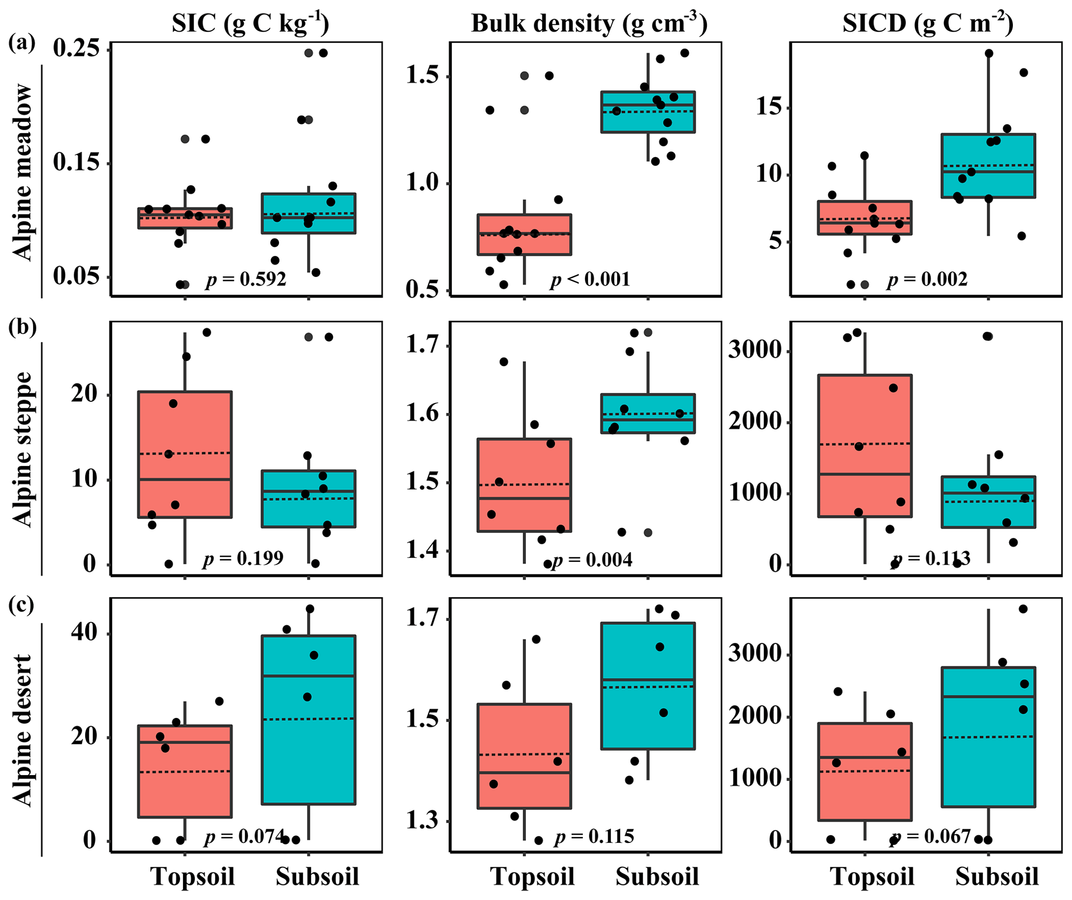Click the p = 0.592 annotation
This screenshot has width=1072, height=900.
click(x=246, y=280)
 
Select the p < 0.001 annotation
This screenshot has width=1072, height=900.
click(x=590, y=280)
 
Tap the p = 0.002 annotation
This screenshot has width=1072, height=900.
click(x=927, y=280)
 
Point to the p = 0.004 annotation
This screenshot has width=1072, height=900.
click(x=592, y=560)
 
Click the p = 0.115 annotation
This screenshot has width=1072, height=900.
click(x=594, y=837)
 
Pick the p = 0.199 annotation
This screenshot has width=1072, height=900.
click(x=243, y=558)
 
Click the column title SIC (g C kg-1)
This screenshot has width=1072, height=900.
click(x=250, y=24)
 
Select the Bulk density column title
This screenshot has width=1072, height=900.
click(x=589, y=24)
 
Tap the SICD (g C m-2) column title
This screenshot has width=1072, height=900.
click(x=928, y=24)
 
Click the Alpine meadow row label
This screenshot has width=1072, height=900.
click(x=22, y=173)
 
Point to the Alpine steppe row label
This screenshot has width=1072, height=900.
click(x=22, y=449)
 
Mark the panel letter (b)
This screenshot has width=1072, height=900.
click(x=22, y=328)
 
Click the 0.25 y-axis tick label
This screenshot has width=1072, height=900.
click(x=76, y=49)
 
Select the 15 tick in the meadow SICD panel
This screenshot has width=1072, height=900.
click(x=770, y=108)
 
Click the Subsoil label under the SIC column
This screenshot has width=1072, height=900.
click(x=317, y=876)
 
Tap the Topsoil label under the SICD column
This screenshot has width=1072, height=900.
click(x=873, y=876)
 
